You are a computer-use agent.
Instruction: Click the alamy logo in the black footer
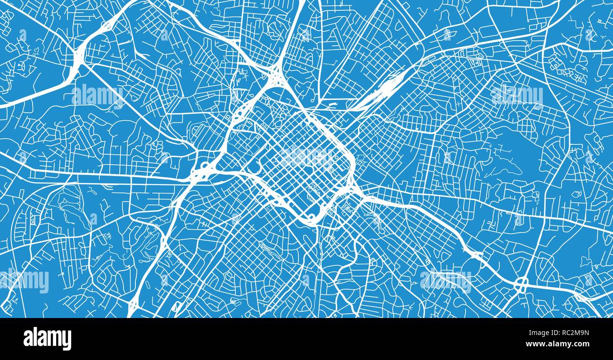(x=47, y=339)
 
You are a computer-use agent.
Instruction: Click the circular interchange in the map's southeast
(x=522, y=285)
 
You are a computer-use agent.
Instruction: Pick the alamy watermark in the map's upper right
(x=517, y=96)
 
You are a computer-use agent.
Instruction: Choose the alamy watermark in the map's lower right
(x=445, y=281)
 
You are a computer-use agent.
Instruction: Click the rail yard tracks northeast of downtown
(x=382, y=92)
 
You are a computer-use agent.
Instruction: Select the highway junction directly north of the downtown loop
(x=273, y=75)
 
